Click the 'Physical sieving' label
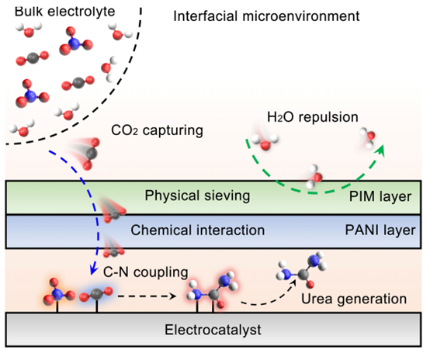(197, 196)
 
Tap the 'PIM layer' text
(380, 196)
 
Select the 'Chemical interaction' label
(197, 230)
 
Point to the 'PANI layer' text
(380, 230)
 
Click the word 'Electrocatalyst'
(213, 330)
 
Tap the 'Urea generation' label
(354, 299)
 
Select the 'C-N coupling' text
(146, 272)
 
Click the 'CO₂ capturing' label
(157, 130)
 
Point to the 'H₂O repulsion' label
(313, 117)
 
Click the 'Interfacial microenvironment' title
(266, 16)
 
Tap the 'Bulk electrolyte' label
(64, 12)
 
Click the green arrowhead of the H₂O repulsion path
(380, 151)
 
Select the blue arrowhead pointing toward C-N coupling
(94, 270)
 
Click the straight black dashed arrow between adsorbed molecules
(147, 296)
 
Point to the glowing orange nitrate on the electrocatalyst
(58, 293)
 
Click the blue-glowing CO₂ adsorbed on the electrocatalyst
(96, 295)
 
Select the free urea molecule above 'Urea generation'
(302, 269)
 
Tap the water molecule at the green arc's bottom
(314, 177)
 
